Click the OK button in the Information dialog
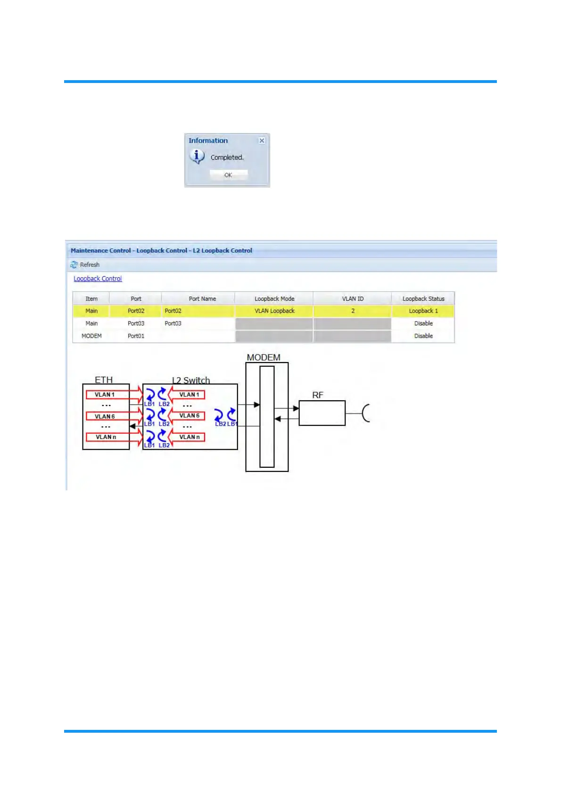pos(228,175)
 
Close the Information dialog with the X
pos(262,141)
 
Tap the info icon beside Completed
pos(197,156)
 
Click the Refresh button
pos(85,265)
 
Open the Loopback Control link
pos(98,279)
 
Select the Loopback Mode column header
pos(274,298)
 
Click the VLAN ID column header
pos(353,298)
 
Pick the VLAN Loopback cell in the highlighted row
pos(274,311)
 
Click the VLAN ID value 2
pos(353,311)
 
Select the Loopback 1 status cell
pos(423,311)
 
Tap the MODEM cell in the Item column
pos(91,336)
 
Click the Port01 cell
pos(136,336)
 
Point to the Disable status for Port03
pos(423,323)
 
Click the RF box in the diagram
pos(322,413)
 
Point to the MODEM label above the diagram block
pos(264,357)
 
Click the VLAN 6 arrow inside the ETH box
pos(113,416)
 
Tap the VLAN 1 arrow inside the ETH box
pos(113,395)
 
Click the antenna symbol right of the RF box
pos(365,413)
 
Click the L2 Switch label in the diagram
pos(191,380)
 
